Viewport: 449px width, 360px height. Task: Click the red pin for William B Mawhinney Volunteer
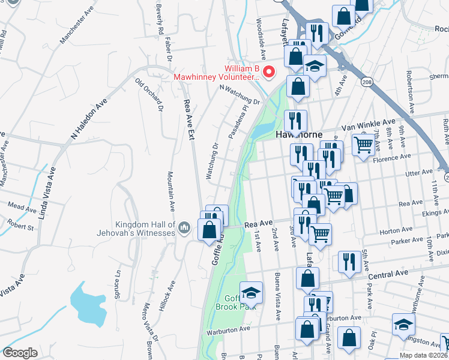coord(269,72)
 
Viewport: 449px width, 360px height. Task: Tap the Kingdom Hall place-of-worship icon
coord(185,227)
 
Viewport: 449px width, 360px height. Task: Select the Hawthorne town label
coord(300,134)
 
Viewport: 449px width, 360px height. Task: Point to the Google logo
coord(20,353)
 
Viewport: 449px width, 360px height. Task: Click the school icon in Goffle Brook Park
coord(252,293)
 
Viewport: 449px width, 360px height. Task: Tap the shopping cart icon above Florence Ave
coord(363,145)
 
